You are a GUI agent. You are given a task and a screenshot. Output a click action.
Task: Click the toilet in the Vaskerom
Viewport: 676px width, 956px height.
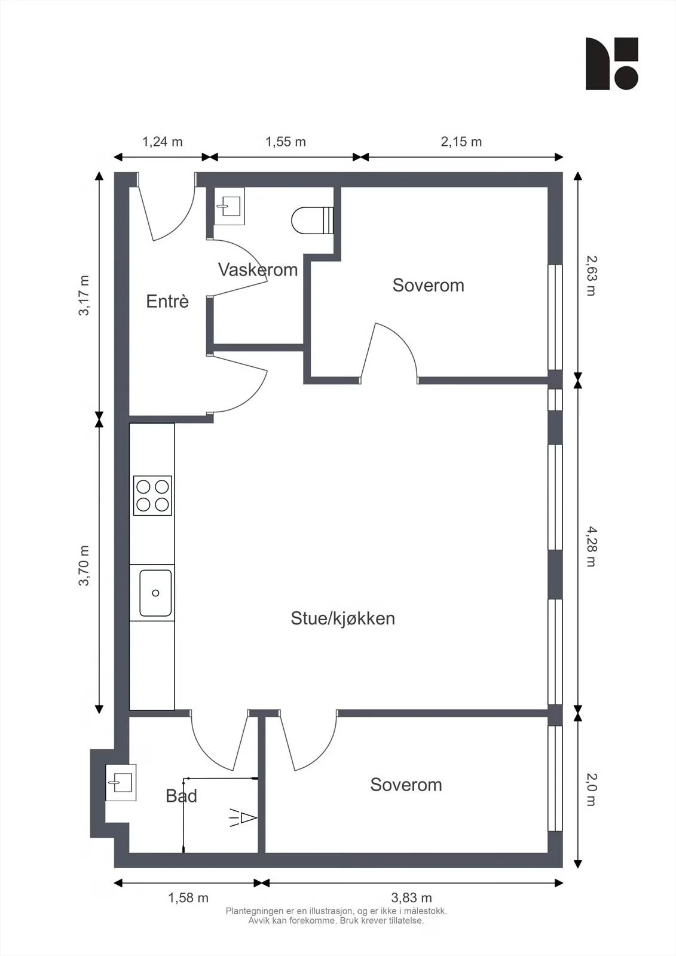tap(312, 220)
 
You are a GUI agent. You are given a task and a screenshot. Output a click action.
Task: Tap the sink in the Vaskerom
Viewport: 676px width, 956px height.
tap(229, 206)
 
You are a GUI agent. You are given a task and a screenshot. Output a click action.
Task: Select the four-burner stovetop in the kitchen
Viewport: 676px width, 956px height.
tap(152, 495)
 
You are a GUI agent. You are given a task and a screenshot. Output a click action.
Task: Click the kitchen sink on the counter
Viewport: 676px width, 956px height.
tap(155, 593)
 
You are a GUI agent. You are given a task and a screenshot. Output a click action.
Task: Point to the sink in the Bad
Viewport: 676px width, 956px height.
tap(121, 783)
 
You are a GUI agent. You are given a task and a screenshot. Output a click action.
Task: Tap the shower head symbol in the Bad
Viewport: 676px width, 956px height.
tap(243, 818)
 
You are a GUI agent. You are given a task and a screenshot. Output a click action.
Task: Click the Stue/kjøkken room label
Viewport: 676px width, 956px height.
tap(342, 618)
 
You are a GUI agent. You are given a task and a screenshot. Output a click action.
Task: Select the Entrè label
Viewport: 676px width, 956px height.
tap(167, 301)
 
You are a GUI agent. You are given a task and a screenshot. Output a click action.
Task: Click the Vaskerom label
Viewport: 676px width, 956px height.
tap(258, 269)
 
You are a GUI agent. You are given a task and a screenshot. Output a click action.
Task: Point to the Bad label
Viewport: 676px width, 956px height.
tap(182, 796)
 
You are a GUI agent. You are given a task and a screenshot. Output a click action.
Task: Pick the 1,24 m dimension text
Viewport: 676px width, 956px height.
tap(162, 142)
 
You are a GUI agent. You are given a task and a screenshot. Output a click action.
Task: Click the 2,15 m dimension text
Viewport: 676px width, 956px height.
tap(461, 142)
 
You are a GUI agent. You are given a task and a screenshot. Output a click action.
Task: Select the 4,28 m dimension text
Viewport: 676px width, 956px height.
tap(592, 546)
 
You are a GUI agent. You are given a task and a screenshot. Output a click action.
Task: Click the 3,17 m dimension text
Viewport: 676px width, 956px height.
tap(84, 295)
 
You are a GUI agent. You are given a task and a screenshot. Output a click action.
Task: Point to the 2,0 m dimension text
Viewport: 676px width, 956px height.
tap(592, 789)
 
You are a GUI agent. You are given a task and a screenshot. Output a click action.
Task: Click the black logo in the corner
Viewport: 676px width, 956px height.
tap(611, 63)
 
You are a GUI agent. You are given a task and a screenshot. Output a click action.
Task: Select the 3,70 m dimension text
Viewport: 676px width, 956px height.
tap(84, 565)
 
